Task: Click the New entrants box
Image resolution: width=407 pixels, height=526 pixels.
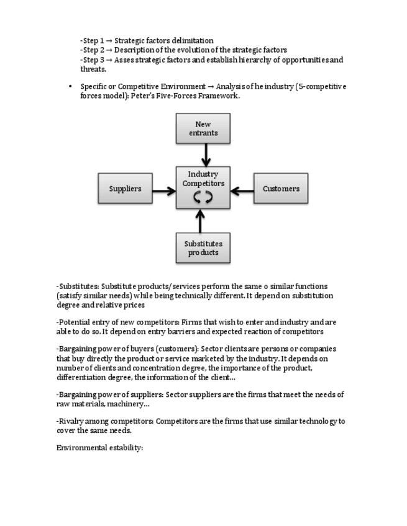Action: pyautogui.click(x=203, y=128)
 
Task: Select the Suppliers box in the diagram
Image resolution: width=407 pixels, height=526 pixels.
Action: pyautogui.click(x=126, y=189)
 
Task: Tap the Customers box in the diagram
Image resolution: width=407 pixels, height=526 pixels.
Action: pyautogui.click(x=281, y=189)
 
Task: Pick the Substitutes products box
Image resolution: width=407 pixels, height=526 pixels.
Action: pyautogui.click(x=203, y=248)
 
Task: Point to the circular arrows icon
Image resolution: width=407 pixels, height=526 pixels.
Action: pyautogui.click(x=203, y=197)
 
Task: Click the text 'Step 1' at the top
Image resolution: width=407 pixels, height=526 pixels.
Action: pyautogui.click(x=93, y=40)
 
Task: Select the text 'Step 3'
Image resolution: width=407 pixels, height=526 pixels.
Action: pyautogui.click(x=93, y=60)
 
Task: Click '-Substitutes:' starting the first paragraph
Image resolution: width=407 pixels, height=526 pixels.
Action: pyautogui.click(x=78, y=286)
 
